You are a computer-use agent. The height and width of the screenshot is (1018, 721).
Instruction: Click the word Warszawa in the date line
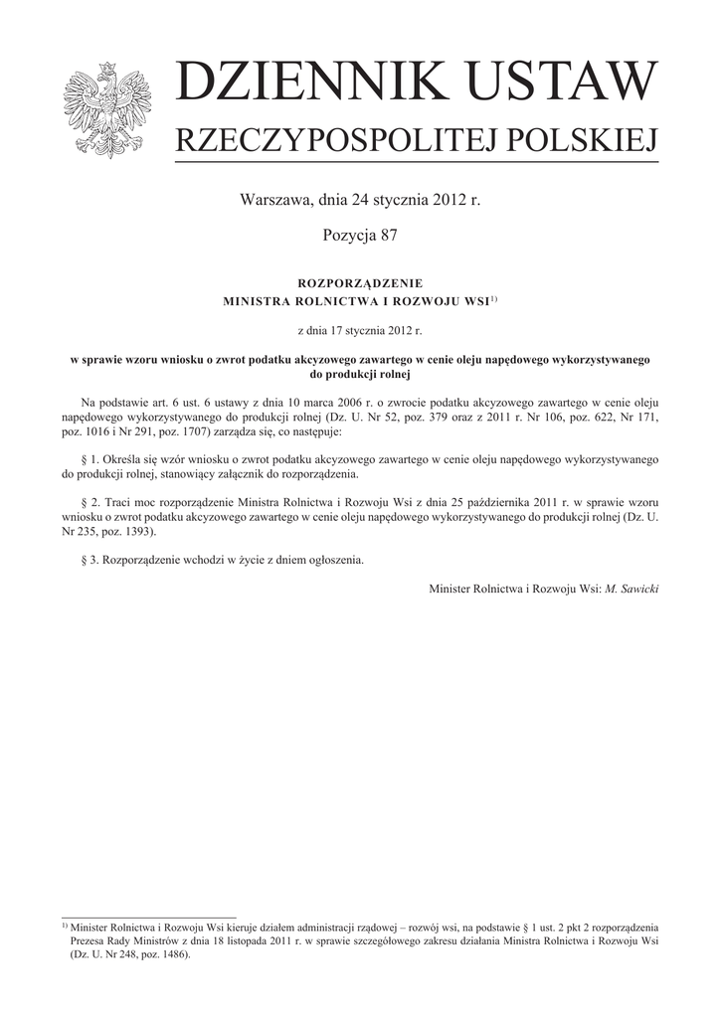[x=273, y=200]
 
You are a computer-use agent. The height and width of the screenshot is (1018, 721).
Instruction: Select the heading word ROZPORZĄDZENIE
[x=360, y=284]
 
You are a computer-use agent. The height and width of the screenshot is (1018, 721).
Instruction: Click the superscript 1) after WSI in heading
[x=492, y=297]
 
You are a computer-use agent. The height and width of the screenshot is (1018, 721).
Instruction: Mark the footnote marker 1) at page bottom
[x=65, y=925]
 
